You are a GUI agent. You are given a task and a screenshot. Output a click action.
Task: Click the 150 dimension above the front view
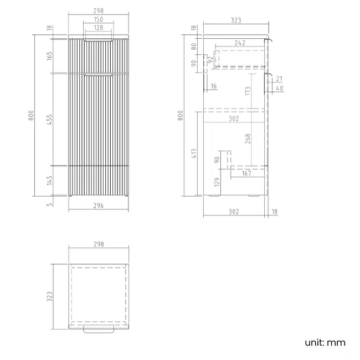coord(99,19)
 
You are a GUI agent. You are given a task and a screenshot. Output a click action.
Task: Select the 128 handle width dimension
coord(99,28)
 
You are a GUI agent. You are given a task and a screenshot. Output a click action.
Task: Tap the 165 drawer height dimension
coord(49,56)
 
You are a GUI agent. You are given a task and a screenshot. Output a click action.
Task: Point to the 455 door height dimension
coord(49,120)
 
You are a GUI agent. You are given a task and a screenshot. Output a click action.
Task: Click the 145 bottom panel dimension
coord(49,181)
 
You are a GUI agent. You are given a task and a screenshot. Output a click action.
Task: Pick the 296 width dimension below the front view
coord(99,205)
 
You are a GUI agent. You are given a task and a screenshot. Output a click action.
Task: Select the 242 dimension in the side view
coord(240,43)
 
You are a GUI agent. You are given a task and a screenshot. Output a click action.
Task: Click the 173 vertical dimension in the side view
coord(248,91)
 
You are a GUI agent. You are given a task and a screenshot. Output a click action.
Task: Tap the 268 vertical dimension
coord(248,138)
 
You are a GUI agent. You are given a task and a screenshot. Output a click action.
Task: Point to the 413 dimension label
coord(194,153)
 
